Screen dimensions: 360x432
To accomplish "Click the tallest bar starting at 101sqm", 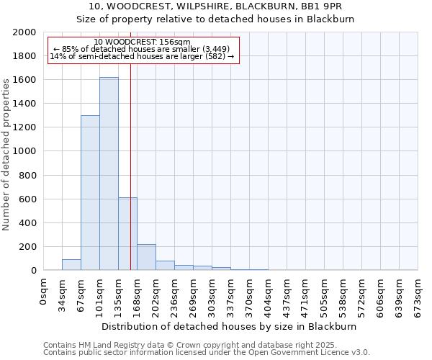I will (x=109, y=174).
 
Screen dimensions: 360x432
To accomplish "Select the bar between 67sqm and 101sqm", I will (x=90, y=193).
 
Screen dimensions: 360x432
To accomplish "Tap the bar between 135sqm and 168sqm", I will (x=127, y=234).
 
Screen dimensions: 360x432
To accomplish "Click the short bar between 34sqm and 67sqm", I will (x=71, y=265).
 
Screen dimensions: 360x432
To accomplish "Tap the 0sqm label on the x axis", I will (x=44, y=290).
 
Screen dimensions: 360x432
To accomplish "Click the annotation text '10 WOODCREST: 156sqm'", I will (x=142, y=42).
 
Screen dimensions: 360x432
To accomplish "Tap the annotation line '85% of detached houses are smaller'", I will (x=142, y=49).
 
